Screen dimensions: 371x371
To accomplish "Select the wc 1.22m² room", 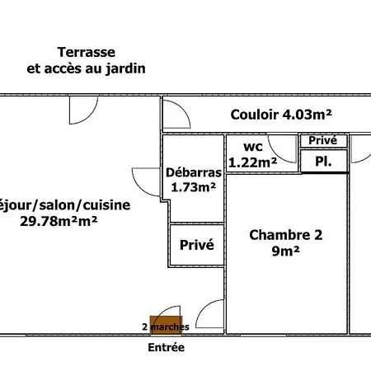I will click(x=253, y=154).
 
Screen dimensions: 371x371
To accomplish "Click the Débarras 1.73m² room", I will click(x=193, y=180).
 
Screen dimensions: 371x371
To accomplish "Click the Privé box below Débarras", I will click(x=196, y=245).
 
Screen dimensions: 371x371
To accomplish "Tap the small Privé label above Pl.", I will click(x=322, y=141).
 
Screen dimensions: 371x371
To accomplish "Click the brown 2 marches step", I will click(x=166, y=326).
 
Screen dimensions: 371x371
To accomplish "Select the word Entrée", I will click(x=166, y=348).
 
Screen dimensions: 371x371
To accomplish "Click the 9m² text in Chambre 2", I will click(x=284, y=251).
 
